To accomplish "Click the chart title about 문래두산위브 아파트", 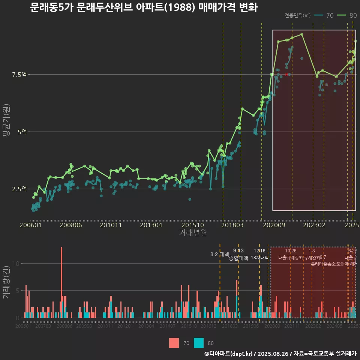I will coord(144,7).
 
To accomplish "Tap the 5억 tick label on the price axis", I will coord(22,132).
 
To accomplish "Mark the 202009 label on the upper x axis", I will coord(273,225).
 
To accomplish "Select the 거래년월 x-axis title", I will coord(193,233).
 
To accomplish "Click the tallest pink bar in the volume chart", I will coord(61,282).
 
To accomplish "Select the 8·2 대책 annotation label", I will coord(220,254).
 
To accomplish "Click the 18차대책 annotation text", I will coord(259,258).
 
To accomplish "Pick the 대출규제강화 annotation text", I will coord(290,258).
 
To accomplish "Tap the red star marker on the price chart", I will coord(286,74).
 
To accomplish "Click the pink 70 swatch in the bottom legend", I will coord(174,343).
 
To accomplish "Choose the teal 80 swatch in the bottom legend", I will coord(199,343).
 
